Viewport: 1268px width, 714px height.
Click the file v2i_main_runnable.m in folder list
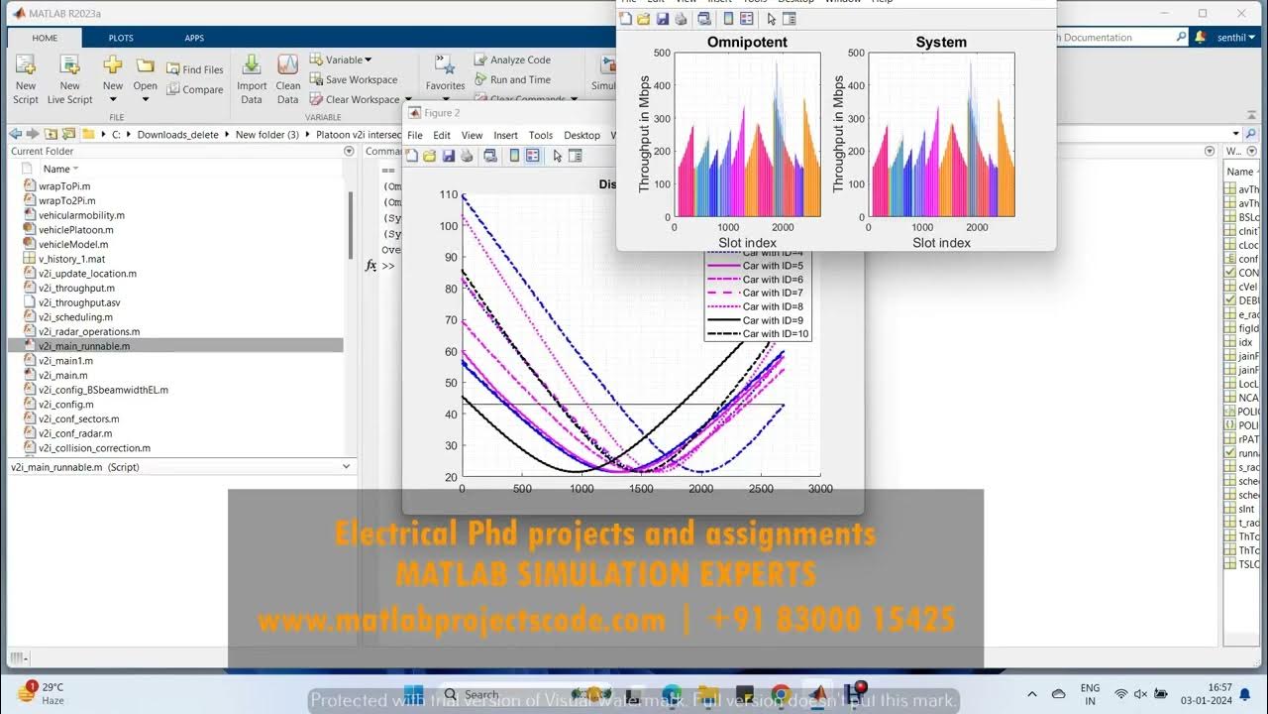(84, 346)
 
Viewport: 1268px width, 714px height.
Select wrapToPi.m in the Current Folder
(64, 185)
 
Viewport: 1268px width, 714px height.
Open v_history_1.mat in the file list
(71, 259)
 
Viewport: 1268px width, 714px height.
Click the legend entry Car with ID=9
(773, 320)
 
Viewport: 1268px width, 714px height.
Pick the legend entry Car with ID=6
(773, 280)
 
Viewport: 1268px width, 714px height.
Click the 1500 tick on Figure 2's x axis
(641, 489)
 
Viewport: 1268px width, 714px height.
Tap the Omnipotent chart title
(747, 42)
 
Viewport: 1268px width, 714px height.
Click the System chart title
(941, 42)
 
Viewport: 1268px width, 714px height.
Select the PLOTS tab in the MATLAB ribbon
(121, 38)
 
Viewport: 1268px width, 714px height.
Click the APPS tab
(194, 38)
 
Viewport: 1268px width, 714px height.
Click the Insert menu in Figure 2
(505, 135)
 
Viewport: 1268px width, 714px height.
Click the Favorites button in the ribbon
(445, 74)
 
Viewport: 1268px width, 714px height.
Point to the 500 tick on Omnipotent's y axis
(662, 53)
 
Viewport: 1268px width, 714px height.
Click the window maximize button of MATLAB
(1203, 13)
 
